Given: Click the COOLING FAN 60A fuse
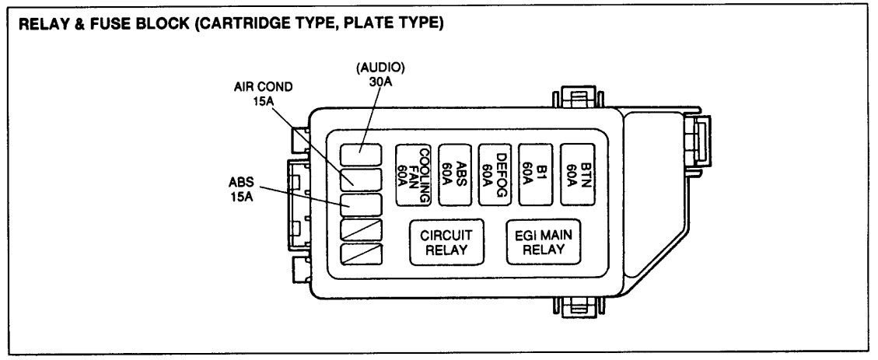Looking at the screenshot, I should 414,176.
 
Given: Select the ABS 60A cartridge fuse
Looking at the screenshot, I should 456,176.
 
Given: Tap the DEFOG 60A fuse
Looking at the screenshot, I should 495,176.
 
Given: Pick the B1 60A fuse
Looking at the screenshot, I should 537,176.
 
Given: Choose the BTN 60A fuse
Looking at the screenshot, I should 578,176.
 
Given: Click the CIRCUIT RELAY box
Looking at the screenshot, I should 446,243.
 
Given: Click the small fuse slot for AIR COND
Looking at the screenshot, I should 360,180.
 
